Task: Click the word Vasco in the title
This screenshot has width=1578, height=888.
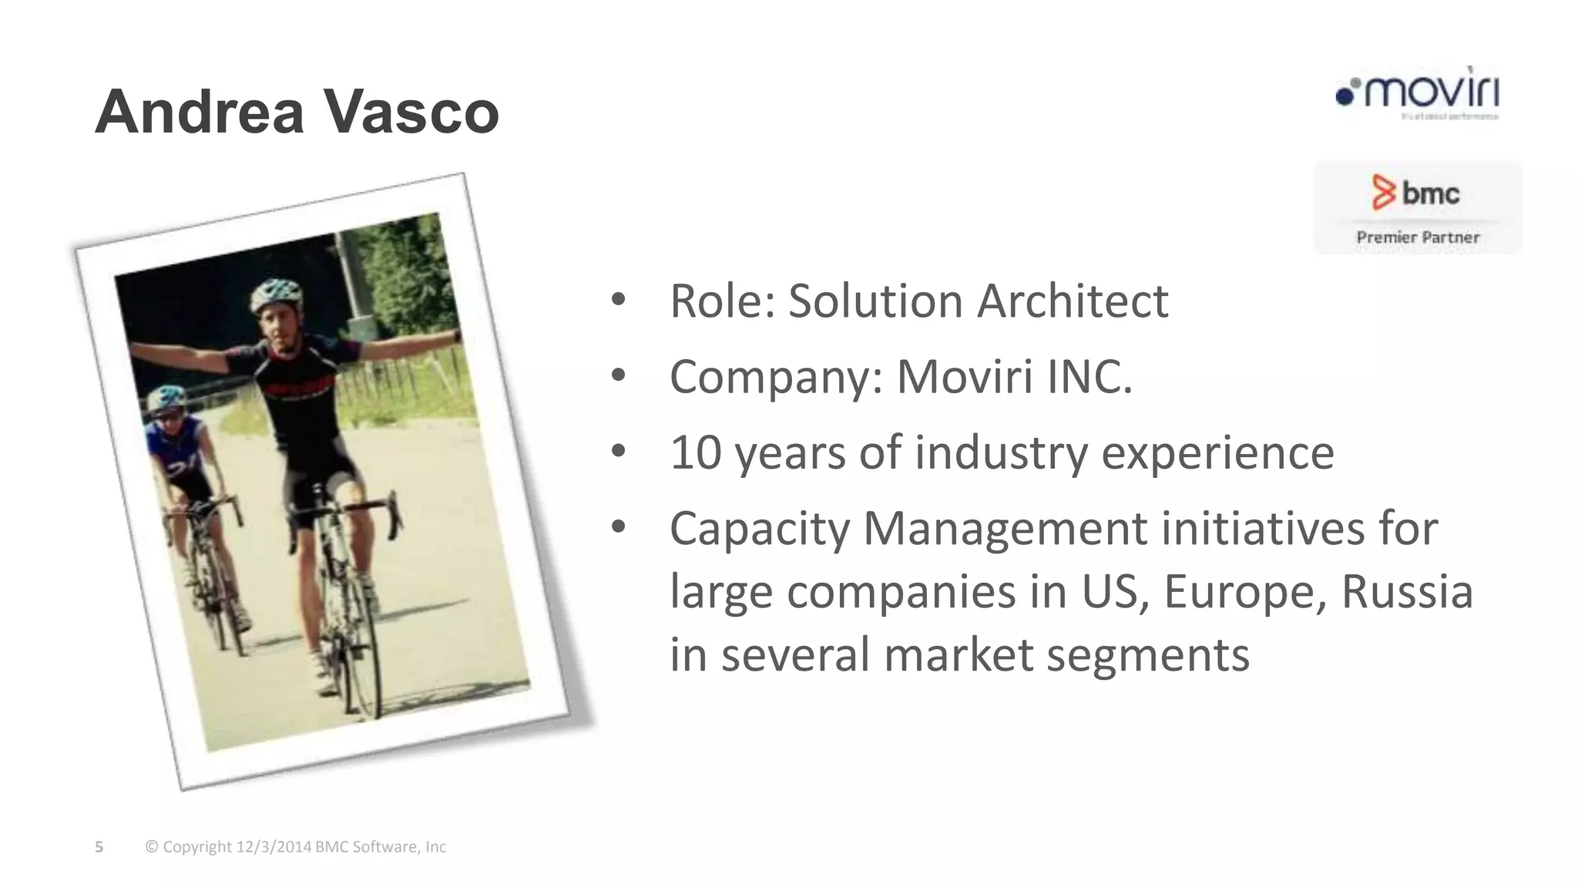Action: (410, 113)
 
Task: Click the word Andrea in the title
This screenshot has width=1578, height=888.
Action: (200, 113)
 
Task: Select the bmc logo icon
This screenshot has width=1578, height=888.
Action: (1384, 193)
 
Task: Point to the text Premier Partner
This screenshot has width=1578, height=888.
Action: (1418, 237)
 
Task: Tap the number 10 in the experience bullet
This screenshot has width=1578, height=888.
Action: (695, 452)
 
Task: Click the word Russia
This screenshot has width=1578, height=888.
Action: (1407, 592)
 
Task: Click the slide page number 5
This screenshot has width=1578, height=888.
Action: (99, 847)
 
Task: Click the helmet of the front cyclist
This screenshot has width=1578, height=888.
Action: (276, 293)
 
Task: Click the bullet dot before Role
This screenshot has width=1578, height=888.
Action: (618, 301)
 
